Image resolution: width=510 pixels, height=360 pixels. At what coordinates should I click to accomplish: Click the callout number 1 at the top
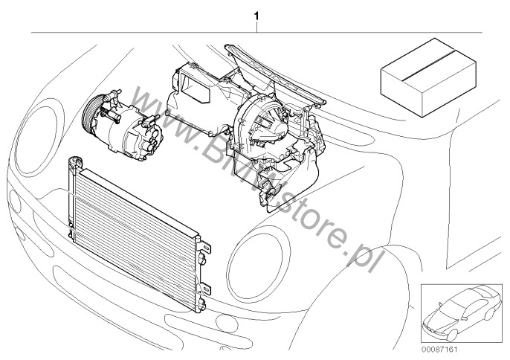256,16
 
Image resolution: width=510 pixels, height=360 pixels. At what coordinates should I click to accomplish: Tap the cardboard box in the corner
428,77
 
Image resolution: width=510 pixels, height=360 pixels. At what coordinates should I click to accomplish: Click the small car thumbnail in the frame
462,313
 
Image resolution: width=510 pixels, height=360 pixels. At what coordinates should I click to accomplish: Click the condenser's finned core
135,235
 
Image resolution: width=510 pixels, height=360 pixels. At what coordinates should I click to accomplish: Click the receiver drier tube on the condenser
71,198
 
